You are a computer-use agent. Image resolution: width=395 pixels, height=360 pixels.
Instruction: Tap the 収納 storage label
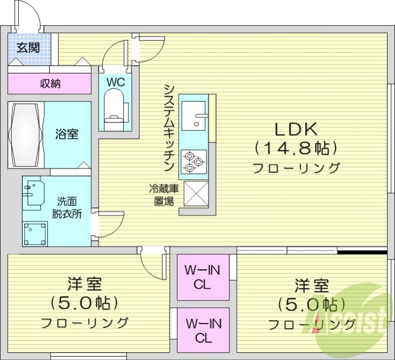[50, 83]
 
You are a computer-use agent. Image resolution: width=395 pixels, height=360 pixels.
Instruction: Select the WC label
[115, 81]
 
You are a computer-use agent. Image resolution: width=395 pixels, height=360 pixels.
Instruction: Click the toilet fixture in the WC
[115, 106]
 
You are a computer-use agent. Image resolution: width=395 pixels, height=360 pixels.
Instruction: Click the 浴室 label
[67, 134]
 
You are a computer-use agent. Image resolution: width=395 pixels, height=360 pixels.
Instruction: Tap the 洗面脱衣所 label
[67, 207]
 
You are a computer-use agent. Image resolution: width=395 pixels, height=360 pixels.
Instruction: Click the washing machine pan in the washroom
[36, 233]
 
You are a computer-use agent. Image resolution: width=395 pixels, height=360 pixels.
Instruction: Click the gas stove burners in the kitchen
[193, 161]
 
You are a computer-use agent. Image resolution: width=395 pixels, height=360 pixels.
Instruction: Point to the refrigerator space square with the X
[196, 194]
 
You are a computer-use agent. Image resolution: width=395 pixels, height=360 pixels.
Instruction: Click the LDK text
[296, 129]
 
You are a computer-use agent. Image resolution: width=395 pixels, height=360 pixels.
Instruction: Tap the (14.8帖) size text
[296, 148]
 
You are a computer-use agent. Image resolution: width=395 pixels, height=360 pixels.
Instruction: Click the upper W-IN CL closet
[203, 277]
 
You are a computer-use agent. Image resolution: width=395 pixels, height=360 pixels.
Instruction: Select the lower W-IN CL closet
[203, 330]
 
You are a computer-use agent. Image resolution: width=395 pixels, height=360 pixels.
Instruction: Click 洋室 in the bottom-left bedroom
[84, 285]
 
